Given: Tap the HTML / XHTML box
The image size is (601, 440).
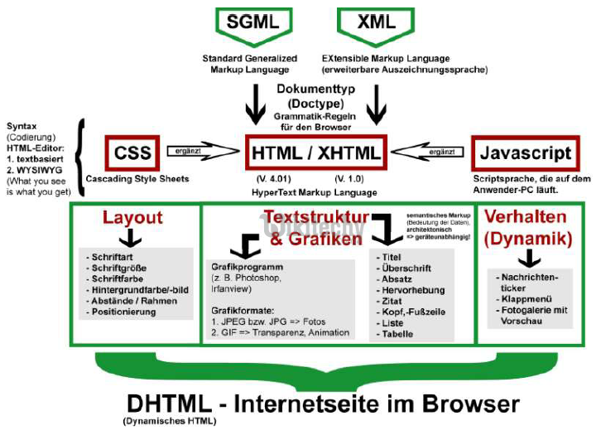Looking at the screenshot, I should click(x=315, y=153).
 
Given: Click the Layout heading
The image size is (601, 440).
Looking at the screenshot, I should click(x=132, y=218).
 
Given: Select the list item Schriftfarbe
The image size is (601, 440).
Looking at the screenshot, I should click(x=117, y=279).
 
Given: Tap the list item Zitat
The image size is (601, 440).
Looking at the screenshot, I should click(x=390, y=302).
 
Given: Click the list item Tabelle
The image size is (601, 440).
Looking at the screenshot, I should click(x=396, y=334).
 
